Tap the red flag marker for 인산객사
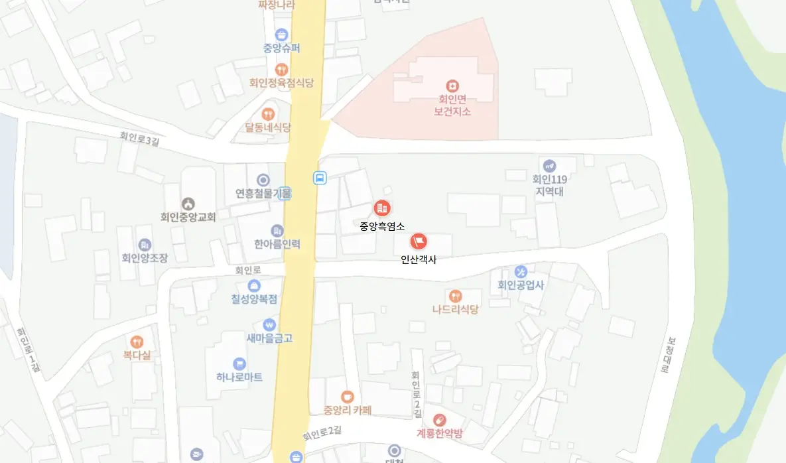pos(419,241)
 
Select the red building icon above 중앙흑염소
pos(382,208)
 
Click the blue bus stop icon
pos(320,178)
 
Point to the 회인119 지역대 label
pos(549,185)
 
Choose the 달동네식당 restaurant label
pos(268,128)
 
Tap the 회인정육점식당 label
pos(281,83)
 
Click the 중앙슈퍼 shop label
pos(281,48)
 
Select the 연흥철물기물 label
pos(263,194)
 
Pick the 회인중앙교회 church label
pos(188,216)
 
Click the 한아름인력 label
pos(277,244)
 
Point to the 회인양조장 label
pos(145,257)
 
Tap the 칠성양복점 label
pos(254,299)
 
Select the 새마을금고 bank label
pos(269,338)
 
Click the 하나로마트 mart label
pos(239,377)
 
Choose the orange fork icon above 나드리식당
pos(455,296)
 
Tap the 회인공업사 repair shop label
pos(521,285)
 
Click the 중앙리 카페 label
pos(347,409)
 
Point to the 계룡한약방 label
pos(439,433)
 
